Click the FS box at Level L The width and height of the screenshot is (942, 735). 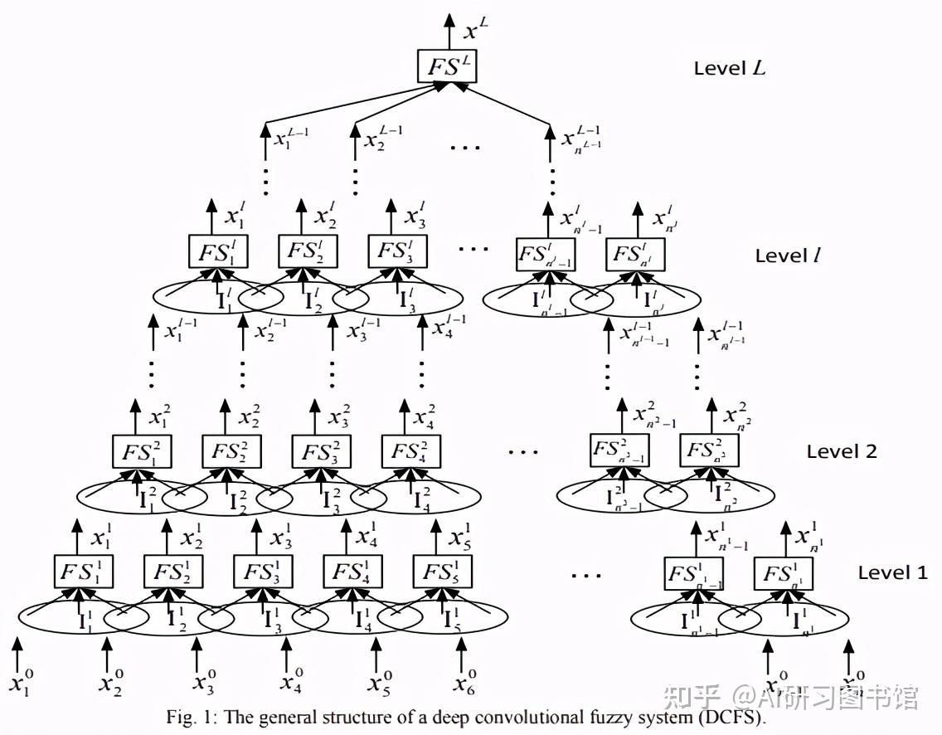click(x=448, y=67)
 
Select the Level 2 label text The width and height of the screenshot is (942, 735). click(x=842, y=452)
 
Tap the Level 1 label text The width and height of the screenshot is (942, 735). click(x=892, y=572)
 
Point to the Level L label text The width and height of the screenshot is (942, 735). click(x=730, y=68)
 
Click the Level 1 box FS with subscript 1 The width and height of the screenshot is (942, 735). click(x=83, y=572)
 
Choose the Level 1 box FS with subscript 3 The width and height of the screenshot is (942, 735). click(x=262, y=572)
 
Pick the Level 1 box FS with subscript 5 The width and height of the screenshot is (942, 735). click(x=442, y=572)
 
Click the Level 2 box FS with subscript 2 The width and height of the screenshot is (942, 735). click(x=232, y=452)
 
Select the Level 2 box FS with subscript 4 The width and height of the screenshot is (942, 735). click(x=411, y=452)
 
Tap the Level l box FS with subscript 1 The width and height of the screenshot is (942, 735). click(x=217, y=252)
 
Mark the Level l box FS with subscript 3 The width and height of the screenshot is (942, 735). click(x=397, y=252)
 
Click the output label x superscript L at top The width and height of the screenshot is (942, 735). click(x=474, y=32)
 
